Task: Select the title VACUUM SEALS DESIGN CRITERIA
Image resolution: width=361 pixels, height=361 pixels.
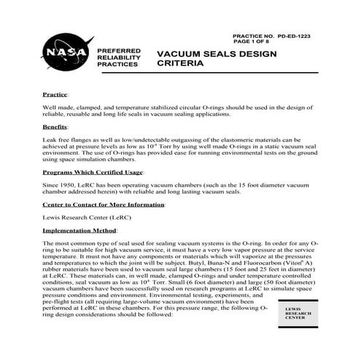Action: click(x=208, y=58)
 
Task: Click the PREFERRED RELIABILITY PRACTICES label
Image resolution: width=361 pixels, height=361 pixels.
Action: click(x=114, y=58)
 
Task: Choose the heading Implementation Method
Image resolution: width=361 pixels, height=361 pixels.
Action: click(x=82, y=229)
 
